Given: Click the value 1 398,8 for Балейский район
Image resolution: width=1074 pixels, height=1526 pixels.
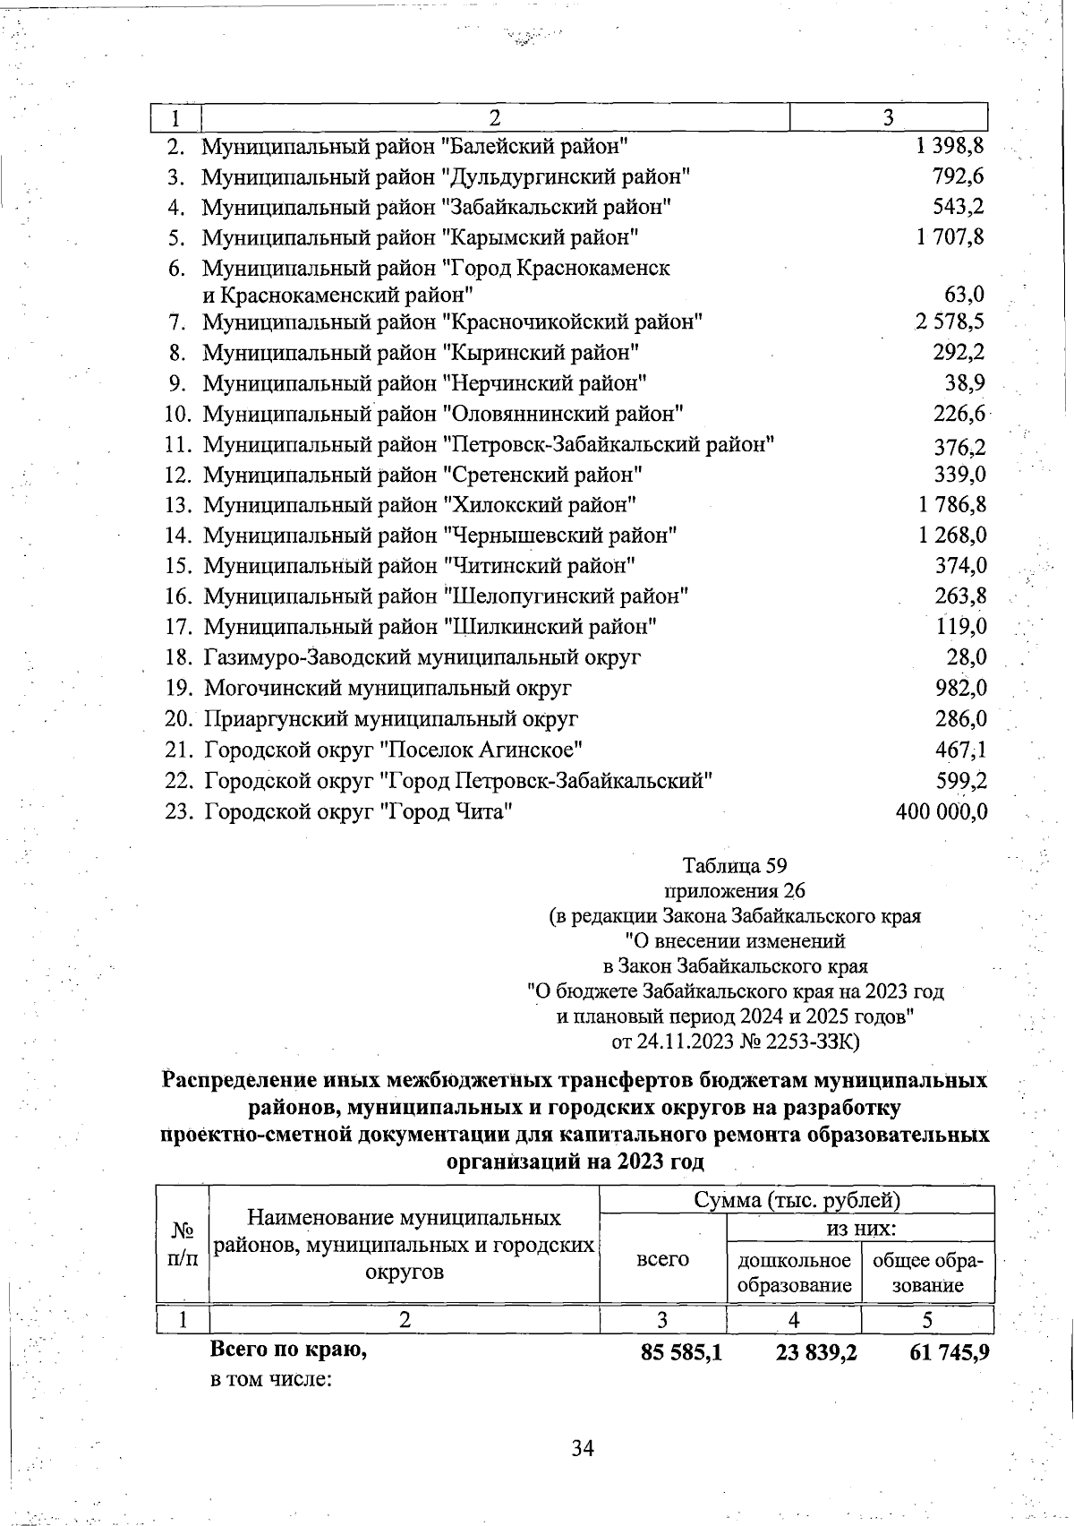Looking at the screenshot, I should [x=950, y=146].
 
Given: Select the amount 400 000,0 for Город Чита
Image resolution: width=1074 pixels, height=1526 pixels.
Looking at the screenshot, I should [x=942, y=812].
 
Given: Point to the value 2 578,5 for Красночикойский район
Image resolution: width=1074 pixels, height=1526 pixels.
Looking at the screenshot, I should [x=950, y=321].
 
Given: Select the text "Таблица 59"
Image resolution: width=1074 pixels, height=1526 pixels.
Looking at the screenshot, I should [x=734, y=866].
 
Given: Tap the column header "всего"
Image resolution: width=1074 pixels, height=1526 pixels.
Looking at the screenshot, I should [x=662, y=1259].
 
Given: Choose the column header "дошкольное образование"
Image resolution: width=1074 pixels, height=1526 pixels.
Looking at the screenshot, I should [x=793, y=1273].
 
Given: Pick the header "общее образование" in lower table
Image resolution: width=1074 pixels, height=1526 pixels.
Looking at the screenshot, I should [x=927, y=1273].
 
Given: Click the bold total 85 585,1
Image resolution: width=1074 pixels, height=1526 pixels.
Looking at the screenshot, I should [x=681, y=1352].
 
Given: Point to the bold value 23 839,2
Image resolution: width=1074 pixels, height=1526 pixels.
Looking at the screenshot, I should [x=815, y=1352].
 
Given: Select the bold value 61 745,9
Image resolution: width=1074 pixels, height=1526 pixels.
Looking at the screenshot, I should [x=949, y=1352].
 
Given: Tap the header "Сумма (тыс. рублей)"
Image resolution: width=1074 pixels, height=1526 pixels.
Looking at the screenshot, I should [x=797, y=1200].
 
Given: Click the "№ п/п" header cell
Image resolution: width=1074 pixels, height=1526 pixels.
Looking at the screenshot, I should [x=183, y=1245].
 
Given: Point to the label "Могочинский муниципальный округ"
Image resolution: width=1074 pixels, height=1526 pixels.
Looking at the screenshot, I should [x=388, y=689].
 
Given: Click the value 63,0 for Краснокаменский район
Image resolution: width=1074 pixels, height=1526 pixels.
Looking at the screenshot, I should [x=964, y=295].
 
